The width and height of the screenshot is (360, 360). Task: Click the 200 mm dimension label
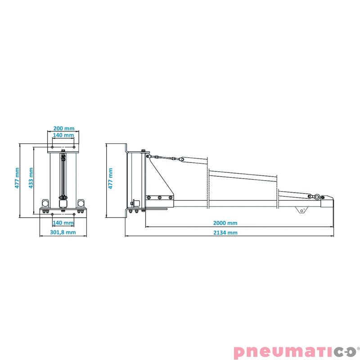(x=64, y=128)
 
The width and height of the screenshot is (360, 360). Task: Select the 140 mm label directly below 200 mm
(x=63, y=135)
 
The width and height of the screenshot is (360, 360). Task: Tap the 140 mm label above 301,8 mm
(x=63, y=223)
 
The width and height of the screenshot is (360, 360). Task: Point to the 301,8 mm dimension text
(x=63, y=232)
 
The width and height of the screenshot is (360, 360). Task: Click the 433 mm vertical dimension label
(x=31, y=178)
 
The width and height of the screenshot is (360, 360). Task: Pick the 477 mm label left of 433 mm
(x=17, y=178)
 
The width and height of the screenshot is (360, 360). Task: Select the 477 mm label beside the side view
(x=110, y=178)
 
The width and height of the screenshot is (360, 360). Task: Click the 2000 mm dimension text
(x=225, y=223)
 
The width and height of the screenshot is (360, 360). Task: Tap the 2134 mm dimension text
(x=225, y=233)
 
